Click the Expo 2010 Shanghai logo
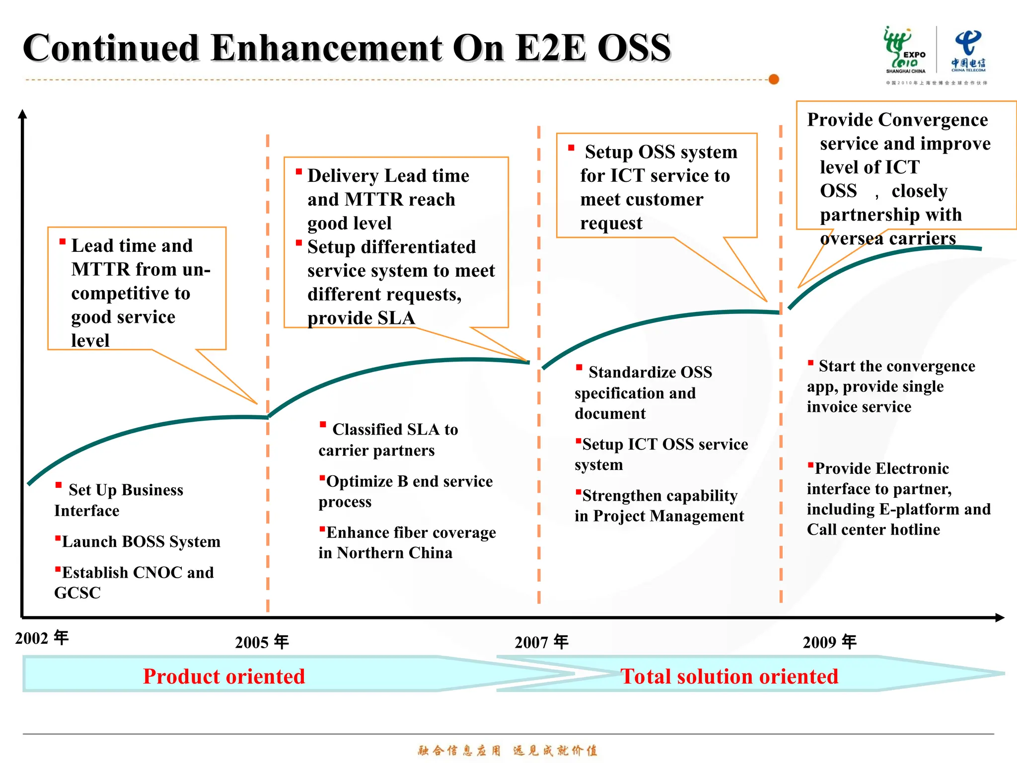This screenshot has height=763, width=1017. pos(905,51)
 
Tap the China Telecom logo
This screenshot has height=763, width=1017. pos(968,51)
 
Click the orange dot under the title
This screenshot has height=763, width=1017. pos(773,79)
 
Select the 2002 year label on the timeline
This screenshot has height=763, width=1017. pos(42,638)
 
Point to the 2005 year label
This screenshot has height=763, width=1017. pos(262,642)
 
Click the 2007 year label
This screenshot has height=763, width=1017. pos(541,642)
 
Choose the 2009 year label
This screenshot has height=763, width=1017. pos(829,642)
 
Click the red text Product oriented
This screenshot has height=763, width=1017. pos(223,677)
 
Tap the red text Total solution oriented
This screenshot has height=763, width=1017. pos(729,677)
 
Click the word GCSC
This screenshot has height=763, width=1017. pos(77,593)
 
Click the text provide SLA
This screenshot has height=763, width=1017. pos(361,318)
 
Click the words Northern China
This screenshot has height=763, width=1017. pos(395,553)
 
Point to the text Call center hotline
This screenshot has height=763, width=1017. pos(873,530)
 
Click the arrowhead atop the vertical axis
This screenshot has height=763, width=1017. pos(22,114)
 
